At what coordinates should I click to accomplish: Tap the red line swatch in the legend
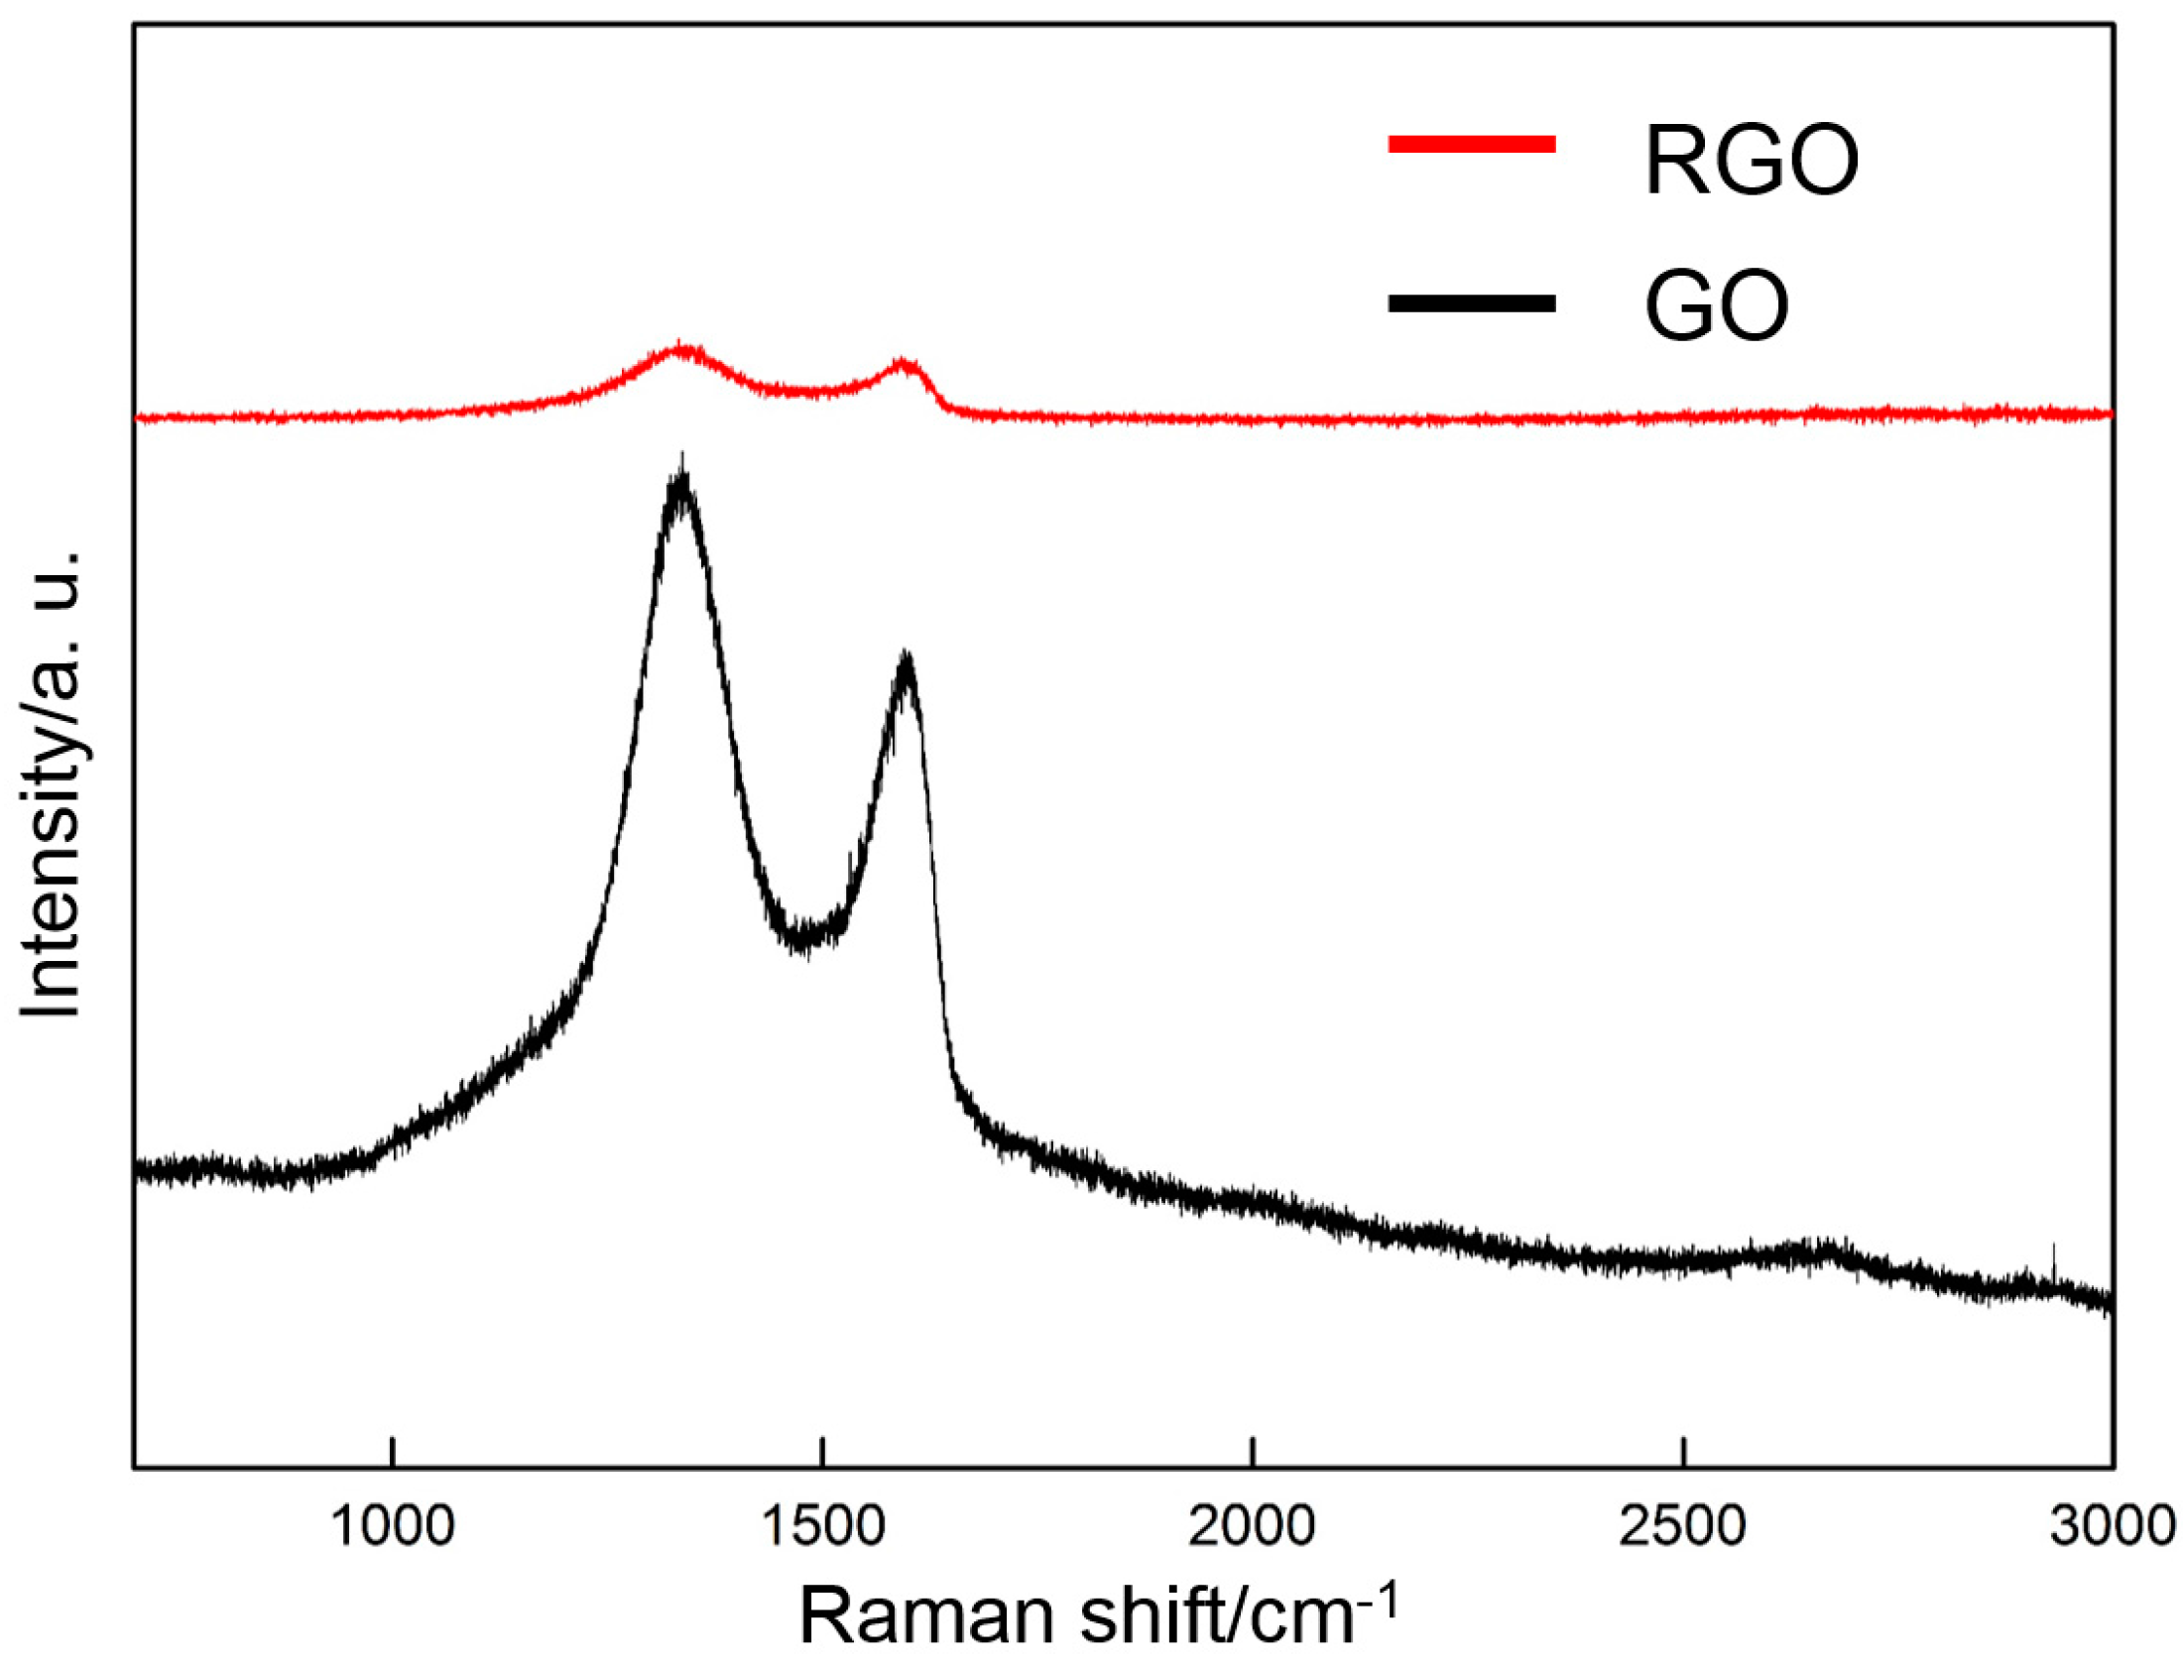(1471, 145)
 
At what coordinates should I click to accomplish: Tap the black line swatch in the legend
(1471, 303)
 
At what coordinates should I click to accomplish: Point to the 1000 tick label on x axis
(394, 1526)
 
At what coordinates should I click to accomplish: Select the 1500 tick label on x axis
(821, 1526)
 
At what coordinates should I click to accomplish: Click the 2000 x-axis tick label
(1253, 1526)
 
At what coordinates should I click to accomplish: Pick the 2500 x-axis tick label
(1682, 1526)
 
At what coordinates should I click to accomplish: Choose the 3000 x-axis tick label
(2112, 1526)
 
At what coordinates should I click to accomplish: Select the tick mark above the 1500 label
(821, 1451)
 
